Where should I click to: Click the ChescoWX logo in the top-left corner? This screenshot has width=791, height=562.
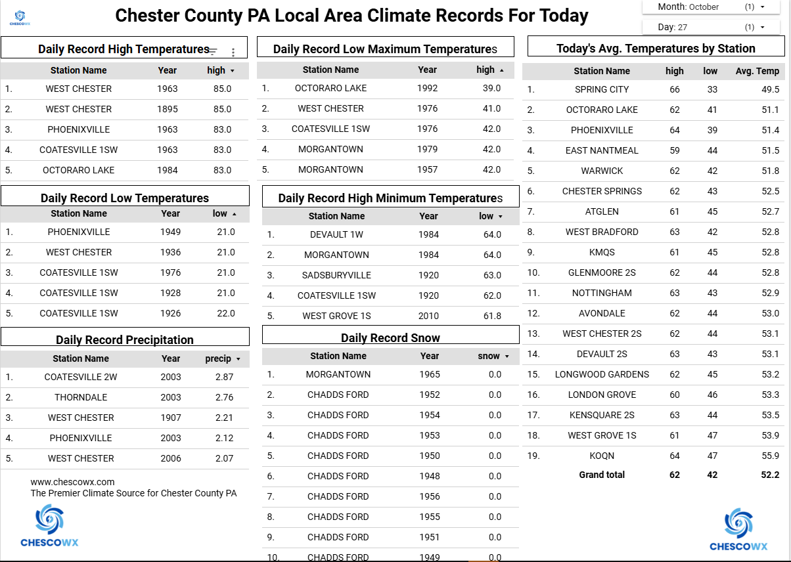click(19, 18)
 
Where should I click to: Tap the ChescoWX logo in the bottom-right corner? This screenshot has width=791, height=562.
click(738, 529)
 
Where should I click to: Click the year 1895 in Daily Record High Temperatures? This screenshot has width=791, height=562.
click(168, 109)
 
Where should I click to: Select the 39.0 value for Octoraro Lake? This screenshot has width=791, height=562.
click(491, 88)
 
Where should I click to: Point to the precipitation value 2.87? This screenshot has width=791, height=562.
click(224, 377)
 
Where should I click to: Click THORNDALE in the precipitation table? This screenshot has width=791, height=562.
click(81, 397)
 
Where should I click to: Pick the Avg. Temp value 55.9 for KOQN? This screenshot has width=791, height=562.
click(770, 456)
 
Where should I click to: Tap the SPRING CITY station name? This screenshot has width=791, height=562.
click(602, 89)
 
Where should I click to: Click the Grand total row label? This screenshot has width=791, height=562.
click(602, 475)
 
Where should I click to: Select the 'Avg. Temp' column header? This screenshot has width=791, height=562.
click(757, 71)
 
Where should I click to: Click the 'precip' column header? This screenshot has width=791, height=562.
click(219, 358)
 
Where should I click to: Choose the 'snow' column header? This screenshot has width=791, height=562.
click(489, 356)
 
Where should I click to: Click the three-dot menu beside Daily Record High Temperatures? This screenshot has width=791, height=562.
click(233, 52)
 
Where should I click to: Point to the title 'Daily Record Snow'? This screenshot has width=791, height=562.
click(390, 338)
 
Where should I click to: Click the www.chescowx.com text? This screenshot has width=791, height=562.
click(72, 482)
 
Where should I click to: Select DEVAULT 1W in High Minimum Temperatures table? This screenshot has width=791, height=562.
click(336, 234)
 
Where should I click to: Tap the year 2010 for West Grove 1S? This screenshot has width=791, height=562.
click(428, 316)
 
